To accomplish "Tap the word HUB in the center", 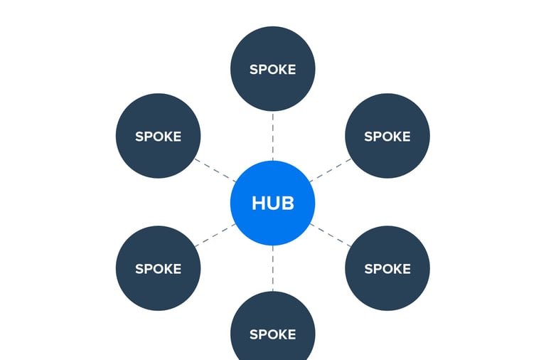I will point(272,203).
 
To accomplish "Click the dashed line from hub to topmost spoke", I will point(272,135).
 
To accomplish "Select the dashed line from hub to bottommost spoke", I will point(272,269).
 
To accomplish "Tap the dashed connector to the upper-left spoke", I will point(215,169).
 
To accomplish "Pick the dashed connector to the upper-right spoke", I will point(331,169).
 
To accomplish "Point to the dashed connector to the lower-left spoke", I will point(215,235).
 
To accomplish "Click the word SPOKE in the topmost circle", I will point(272,70).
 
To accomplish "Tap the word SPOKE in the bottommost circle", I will point(272,334).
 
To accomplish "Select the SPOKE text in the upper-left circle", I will point(158,137).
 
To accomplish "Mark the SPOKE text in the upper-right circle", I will point(387,137).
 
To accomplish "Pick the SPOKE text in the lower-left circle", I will point(158,269).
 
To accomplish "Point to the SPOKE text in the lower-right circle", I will point(387,269).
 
